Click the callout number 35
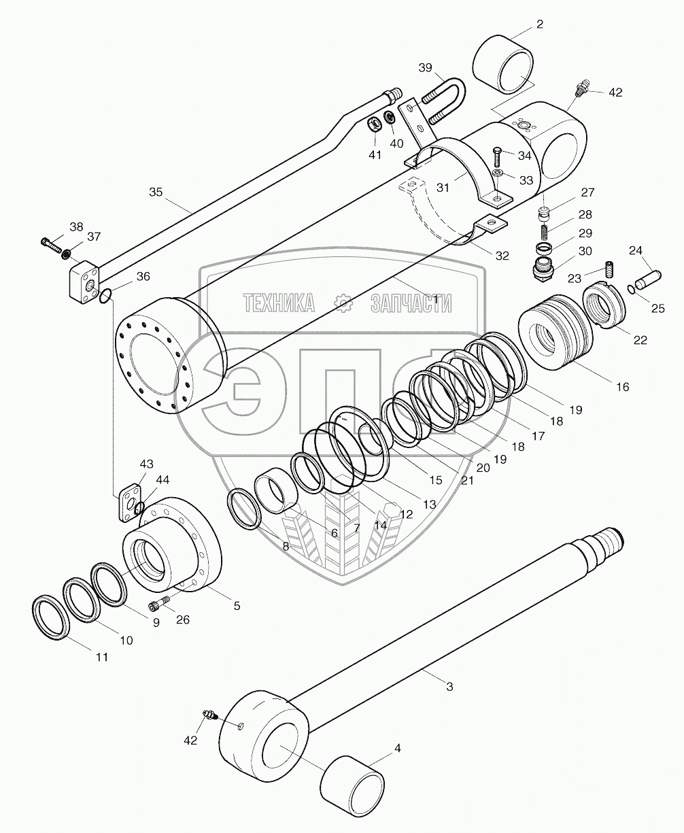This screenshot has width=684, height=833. [x=155, y=192]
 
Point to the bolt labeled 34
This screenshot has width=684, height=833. [x=496, y=158]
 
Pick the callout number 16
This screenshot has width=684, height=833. [x=622, y=387]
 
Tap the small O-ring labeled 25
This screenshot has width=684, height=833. [x=632, y=290]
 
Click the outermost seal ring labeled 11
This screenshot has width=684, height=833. [x=51, y=617]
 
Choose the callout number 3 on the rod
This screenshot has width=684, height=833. [x=449, y=687]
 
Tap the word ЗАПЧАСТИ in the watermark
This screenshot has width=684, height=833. [x=411, y=303]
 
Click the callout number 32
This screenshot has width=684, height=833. [x=502, y=256]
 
